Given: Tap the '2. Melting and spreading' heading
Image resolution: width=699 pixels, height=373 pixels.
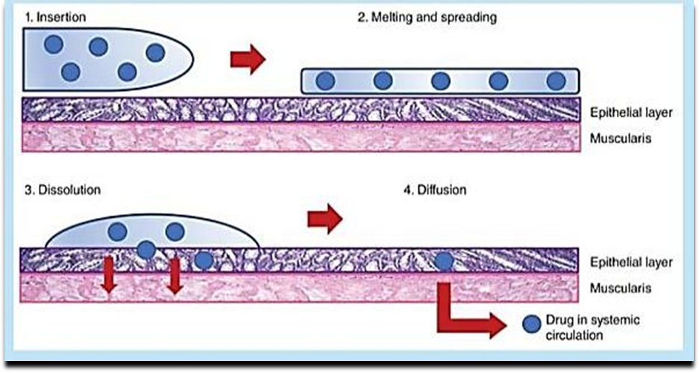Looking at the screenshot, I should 426,16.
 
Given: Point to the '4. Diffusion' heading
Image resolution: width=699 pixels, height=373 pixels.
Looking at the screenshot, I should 434,189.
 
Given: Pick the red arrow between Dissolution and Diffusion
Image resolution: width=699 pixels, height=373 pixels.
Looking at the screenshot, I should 325,219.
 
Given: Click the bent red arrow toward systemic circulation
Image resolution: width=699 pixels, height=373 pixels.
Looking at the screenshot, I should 463,317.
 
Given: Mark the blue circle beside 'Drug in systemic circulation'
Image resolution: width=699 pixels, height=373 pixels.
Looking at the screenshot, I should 531,325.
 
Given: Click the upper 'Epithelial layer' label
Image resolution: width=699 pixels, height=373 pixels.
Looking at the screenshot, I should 630,113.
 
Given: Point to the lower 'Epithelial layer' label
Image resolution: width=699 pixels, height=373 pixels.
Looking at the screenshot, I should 630,263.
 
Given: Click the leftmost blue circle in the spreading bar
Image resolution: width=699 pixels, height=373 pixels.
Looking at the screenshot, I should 325,81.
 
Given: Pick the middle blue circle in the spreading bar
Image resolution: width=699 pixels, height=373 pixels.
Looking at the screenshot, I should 440,81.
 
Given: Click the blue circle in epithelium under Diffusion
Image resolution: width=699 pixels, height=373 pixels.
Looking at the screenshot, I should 444,260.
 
